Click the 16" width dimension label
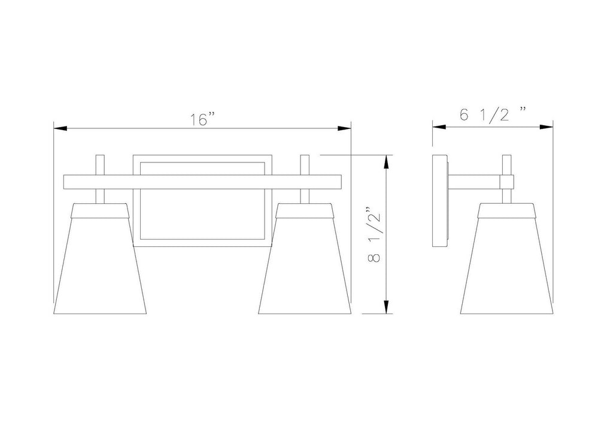click(x=203, y=119)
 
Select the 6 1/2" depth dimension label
click(x=493, y=114)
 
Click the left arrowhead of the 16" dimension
click(x=60, y=128)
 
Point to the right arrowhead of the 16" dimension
click(x=344, y=128)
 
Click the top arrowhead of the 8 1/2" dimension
click(x=386, y=162)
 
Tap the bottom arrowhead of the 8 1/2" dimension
click(x=386, y=307)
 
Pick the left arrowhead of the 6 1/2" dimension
click(x=439, y=127)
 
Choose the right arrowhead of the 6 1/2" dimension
click(x=546, y=127)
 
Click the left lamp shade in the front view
click(x=100, y=259)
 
